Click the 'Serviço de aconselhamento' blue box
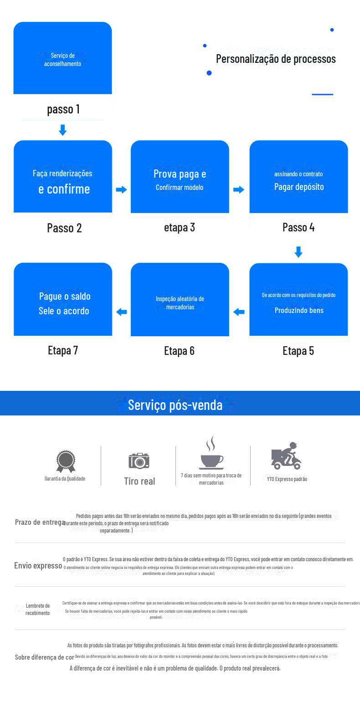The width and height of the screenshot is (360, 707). tap(63, 58)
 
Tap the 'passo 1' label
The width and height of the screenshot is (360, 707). tap(63, 109)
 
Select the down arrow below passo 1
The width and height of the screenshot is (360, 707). tap(63, 130)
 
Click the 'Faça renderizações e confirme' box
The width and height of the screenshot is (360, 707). tap(63, 177)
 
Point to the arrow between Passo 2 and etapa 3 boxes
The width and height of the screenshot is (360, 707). tap(121, 190)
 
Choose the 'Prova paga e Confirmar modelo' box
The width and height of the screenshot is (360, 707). tap(180, 177)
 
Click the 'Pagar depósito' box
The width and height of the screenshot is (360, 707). tap(298, 177)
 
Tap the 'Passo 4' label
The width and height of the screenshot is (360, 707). tap(298, 227)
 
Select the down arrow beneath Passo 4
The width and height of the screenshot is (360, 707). tap(298, 252)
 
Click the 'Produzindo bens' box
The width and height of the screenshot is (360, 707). tap(298, 300)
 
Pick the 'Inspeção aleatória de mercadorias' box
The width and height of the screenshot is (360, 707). tap(180, 300)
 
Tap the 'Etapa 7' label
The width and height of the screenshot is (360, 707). tap(63, 350)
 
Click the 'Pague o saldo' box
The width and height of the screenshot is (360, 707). tap(63, 300)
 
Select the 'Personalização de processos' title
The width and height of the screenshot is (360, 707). tap(276, 59)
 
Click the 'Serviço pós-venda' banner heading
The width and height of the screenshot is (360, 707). tap(175, 405)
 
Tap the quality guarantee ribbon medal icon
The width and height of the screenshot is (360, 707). tap(65, 461)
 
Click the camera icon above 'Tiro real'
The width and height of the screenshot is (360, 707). tap(139, 461)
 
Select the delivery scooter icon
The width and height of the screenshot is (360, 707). tap(287, 456)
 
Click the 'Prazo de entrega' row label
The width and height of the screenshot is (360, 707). tap(40, 522)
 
